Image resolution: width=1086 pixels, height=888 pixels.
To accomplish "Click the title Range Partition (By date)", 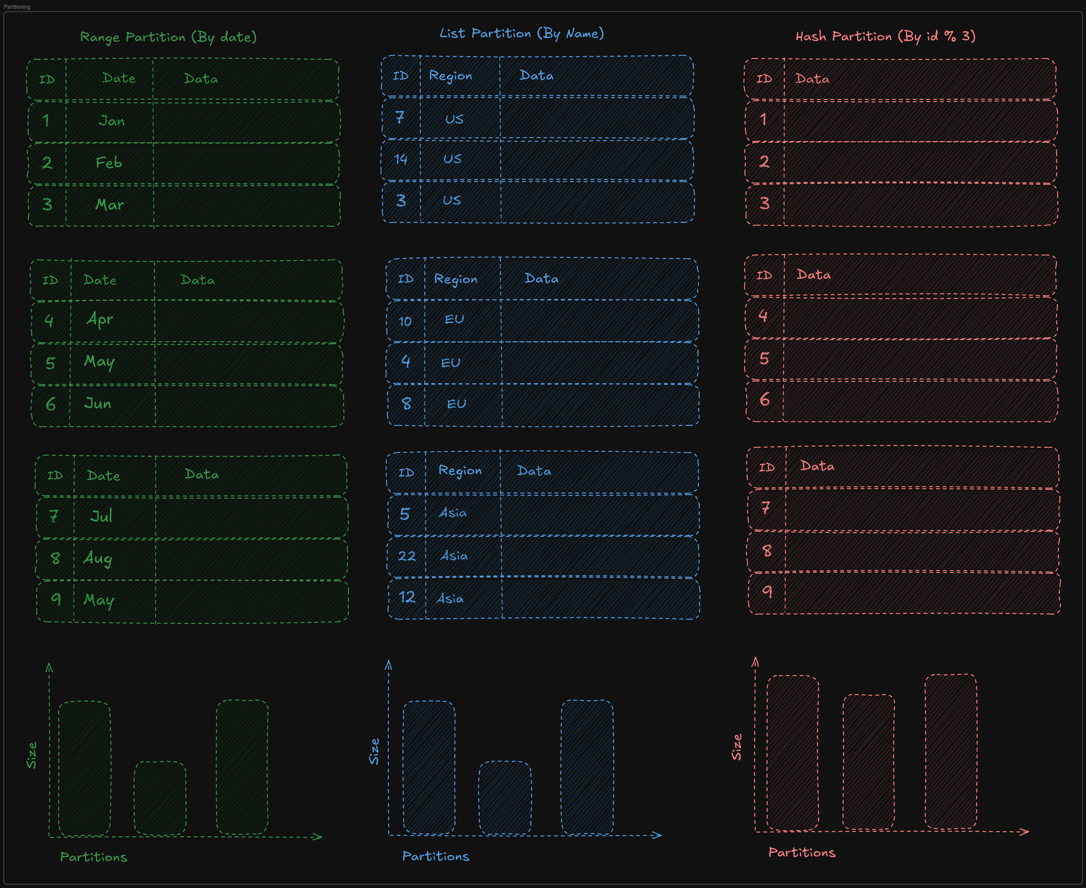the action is pyautogui.click(x=168, y=37).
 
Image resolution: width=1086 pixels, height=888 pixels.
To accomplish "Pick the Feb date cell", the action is pyautogui.click(x=109, y=163).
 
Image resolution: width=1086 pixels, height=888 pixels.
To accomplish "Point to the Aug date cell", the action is pyautogui.click(x=98, y=558).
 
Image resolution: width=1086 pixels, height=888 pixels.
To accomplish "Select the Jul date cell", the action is pyautogui.click(x=101, y=516).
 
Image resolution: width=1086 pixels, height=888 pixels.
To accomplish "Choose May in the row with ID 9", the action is pyautogui.click(x=99, y=600).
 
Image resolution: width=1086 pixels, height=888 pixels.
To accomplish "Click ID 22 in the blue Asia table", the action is pyautogui.click(x=407, y=556).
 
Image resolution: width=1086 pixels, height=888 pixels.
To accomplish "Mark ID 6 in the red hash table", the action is pyautogui.click(x=764, y=399).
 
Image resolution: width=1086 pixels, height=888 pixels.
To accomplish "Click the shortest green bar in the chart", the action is pyautogui.click(x=160, y=798).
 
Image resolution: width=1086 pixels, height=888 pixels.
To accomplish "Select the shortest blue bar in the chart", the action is pyautogui.click(x=505, y=797).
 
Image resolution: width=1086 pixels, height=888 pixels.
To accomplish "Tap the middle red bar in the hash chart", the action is pyautogui.click(x=869, y=762).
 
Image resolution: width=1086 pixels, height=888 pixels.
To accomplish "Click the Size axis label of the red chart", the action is pyautogui.click(x=737, y=747).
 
